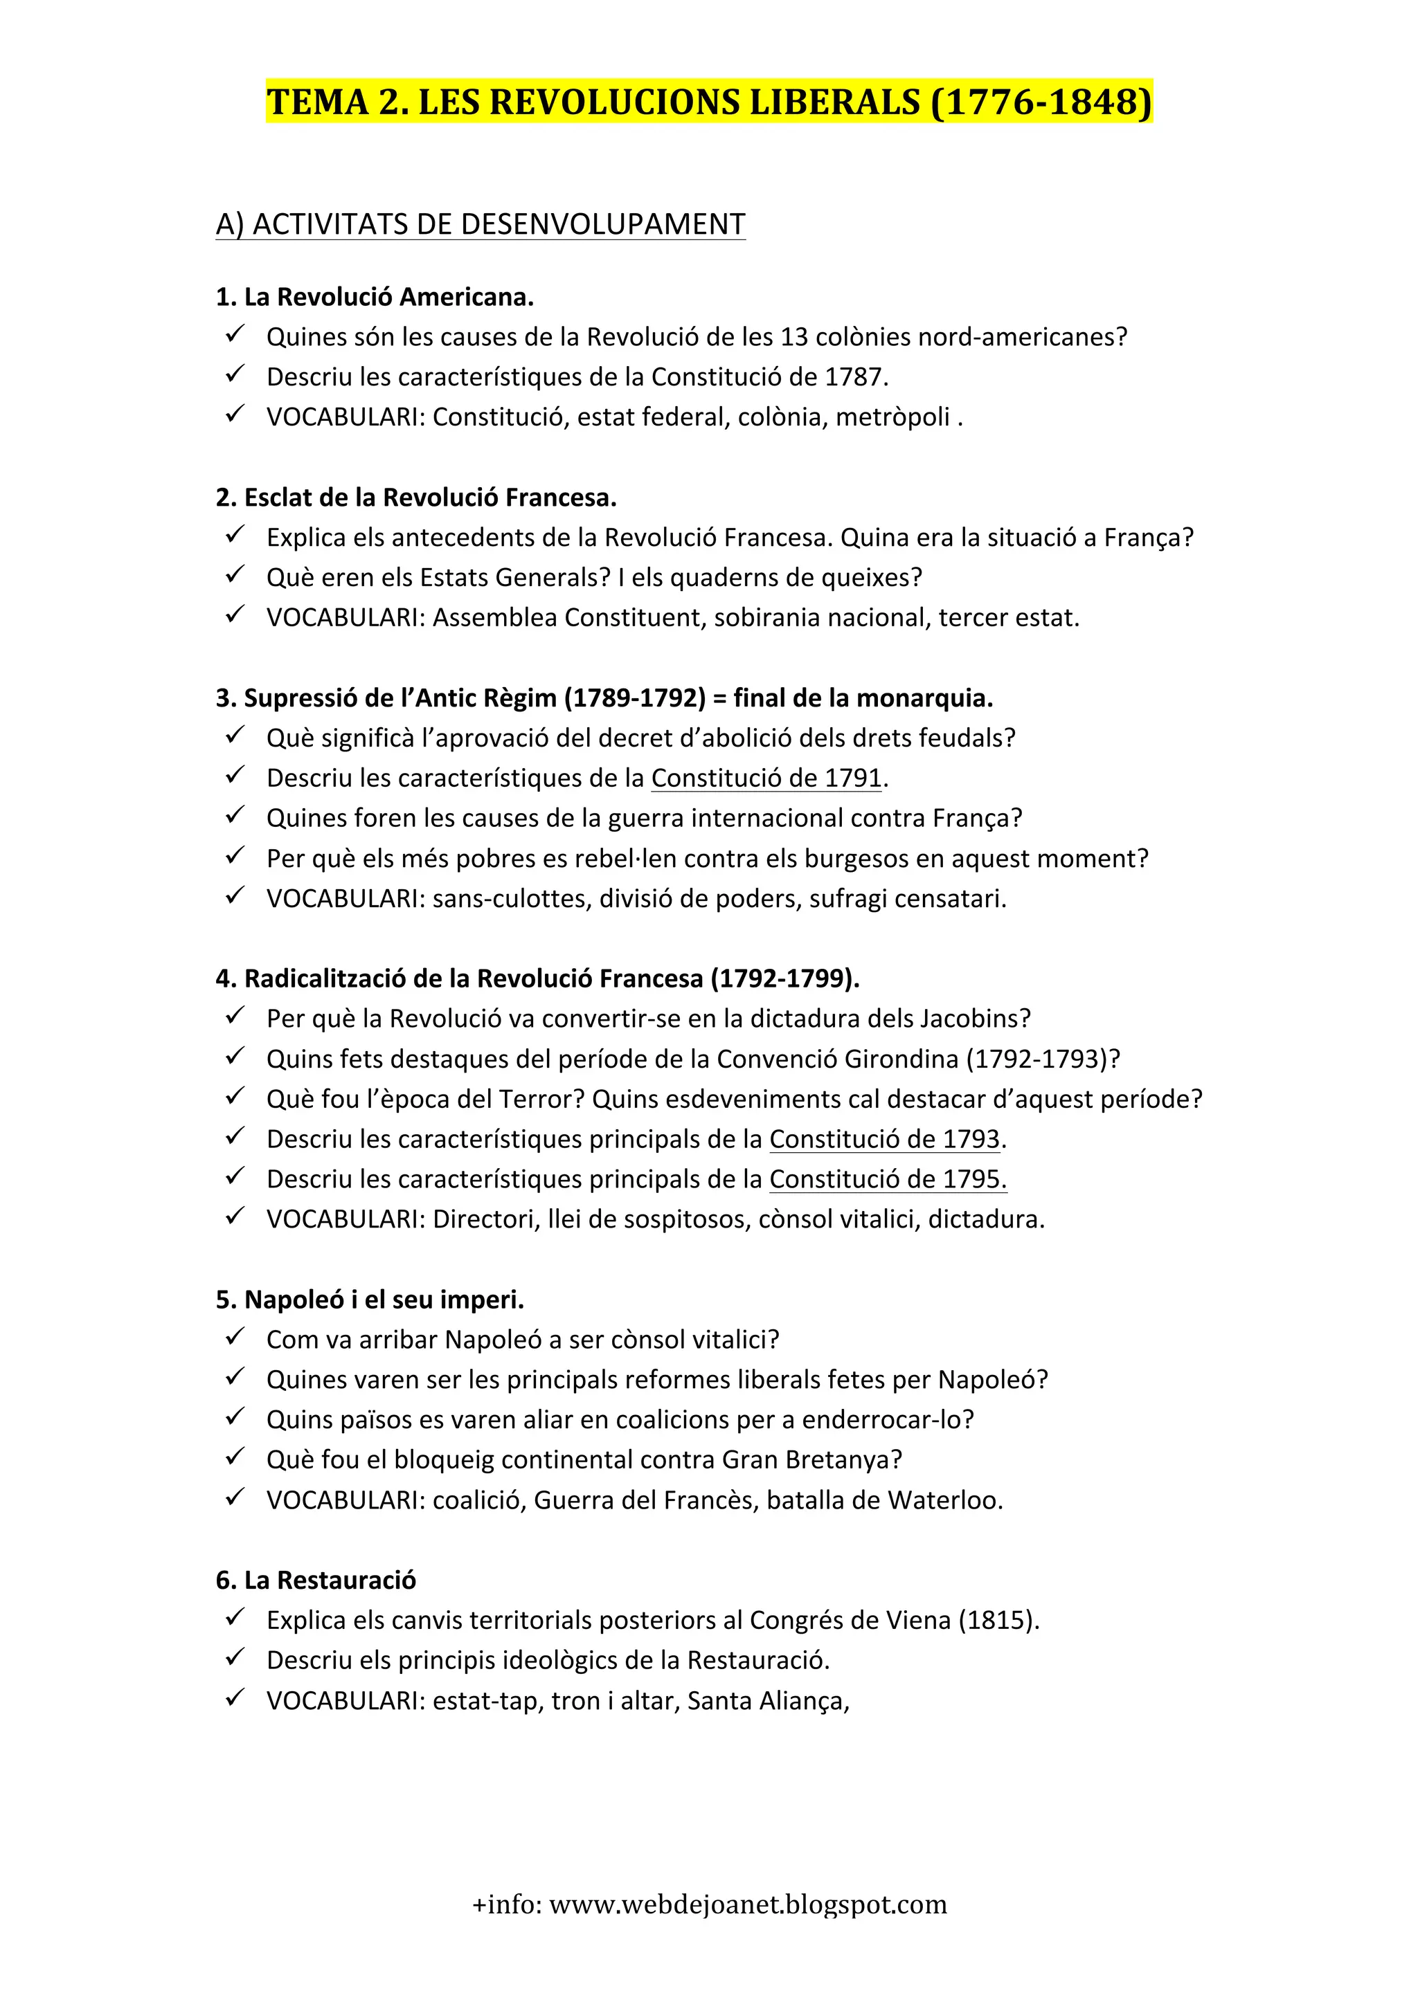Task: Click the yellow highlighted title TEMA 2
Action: coord(708,102)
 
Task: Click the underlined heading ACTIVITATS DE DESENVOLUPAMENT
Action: coord(481,224)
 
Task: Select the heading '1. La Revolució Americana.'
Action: coord(374,297)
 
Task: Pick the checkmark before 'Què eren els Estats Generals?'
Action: coord(234,575)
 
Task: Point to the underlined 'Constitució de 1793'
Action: coord(883,1139)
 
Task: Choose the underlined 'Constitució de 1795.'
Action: coord(887,1179)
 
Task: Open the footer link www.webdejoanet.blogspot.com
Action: coord(747,1904)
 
